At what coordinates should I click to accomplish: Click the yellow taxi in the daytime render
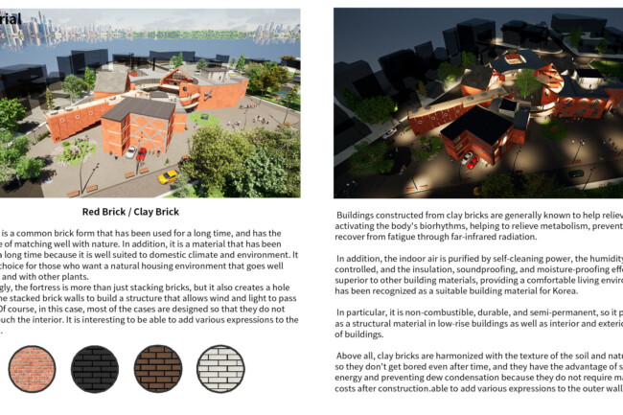click(x=167, y=177)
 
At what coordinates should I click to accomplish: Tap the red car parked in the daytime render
click(x=140, y=152)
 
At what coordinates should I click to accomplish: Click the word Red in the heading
click(x=97, y=212)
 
